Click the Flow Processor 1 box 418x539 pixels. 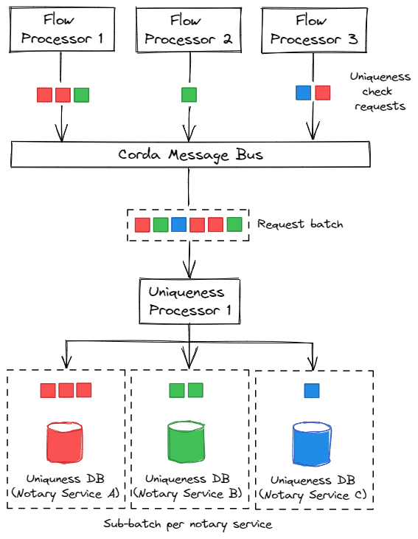click(x=62, y=30)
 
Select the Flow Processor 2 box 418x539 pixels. click(x=189, y=30)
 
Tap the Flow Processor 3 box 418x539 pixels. click(x=314, y=30)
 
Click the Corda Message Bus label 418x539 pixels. click(x=190, y=155)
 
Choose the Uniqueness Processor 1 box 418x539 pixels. click(x=189, y=301)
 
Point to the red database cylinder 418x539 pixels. click(x=65, y=442)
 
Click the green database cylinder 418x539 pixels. click(x=187, y=442)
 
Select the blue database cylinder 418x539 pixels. click(x=312, y=444)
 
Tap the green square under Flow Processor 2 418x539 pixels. click(x=189, y=95)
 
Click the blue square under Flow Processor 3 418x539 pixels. click(x=304, y=93)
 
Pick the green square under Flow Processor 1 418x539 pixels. click(x=82, y=95)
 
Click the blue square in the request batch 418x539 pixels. click(x=179, y=224)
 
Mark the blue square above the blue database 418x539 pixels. click(x=312, y=391)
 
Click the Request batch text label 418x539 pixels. click(x=300, y=224)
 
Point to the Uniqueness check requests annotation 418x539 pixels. click(x=380, y=92)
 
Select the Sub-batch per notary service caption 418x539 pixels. click(x=188, y=524)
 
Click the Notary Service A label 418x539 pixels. click(x=65, y=494)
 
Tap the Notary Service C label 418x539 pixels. click(x=313, y=495)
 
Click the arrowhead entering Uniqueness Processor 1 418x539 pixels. click(x=189, y=269)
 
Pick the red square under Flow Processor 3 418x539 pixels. click(x=323, y=93)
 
